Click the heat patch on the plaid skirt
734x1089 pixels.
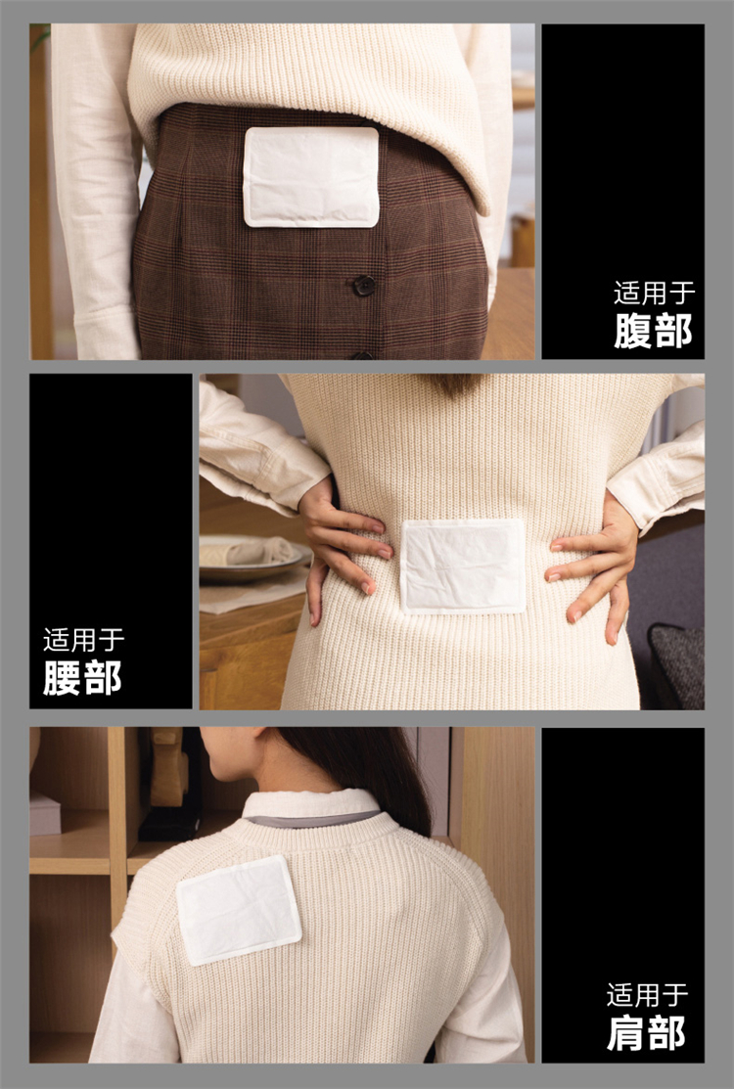(311, 177)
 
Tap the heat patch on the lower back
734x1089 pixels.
(463, 567)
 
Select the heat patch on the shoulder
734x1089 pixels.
(238, 910)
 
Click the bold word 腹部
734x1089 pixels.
(654, 331)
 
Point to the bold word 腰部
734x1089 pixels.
(82, 678)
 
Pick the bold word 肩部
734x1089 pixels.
(647, 1033)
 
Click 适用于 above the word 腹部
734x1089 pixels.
(654, 294)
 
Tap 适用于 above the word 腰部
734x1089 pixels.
(83, 640)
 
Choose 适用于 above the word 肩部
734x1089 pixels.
(647, 994)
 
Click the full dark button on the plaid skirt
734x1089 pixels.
(363, 285)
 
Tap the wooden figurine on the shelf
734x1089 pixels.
(169, 767)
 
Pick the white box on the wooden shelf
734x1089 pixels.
(44, 813)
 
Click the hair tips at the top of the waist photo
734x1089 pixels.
(455, 385)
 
